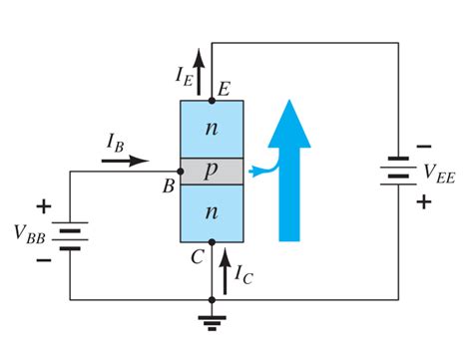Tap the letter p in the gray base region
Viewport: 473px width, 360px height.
tap(211, 170)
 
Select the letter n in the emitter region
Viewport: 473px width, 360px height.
tap(211, 128)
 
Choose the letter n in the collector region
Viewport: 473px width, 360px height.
tap(211, 212)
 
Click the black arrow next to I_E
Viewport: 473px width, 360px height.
tap(200, 70)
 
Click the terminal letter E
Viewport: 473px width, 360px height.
tap(226, 89)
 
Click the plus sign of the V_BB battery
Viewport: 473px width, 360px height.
tap(43, 207)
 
